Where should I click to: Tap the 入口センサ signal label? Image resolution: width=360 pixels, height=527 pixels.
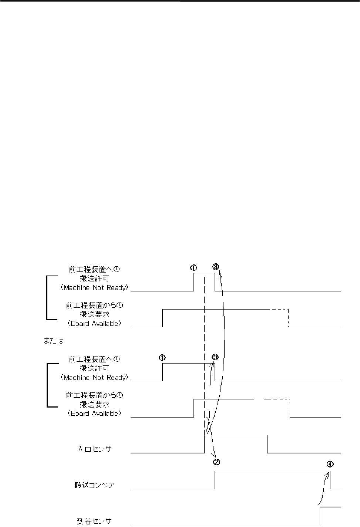(x=94, y=449)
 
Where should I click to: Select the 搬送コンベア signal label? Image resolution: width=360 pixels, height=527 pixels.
(x=94, y=485)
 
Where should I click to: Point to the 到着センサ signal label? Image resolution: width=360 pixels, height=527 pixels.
(x=94, y=521)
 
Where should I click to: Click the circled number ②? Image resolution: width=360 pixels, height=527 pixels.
(x=217, y=462)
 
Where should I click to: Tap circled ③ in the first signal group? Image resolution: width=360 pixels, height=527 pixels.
(x=216, y=267)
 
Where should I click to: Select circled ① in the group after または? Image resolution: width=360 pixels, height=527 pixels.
(x=162, y=358)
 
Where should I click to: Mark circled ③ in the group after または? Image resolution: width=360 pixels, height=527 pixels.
(x=215, y=357)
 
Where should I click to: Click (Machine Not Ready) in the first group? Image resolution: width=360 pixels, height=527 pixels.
(x=94, y=288)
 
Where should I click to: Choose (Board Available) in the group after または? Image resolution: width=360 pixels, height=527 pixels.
(x=94, y=413)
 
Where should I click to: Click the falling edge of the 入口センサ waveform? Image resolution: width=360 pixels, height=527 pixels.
(x=268, y=444)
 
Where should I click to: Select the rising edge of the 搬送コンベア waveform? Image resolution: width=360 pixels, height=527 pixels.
(x=215, y=480)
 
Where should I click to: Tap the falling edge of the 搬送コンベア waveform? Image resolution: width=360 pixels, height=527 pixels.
(x=330, y=480)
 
